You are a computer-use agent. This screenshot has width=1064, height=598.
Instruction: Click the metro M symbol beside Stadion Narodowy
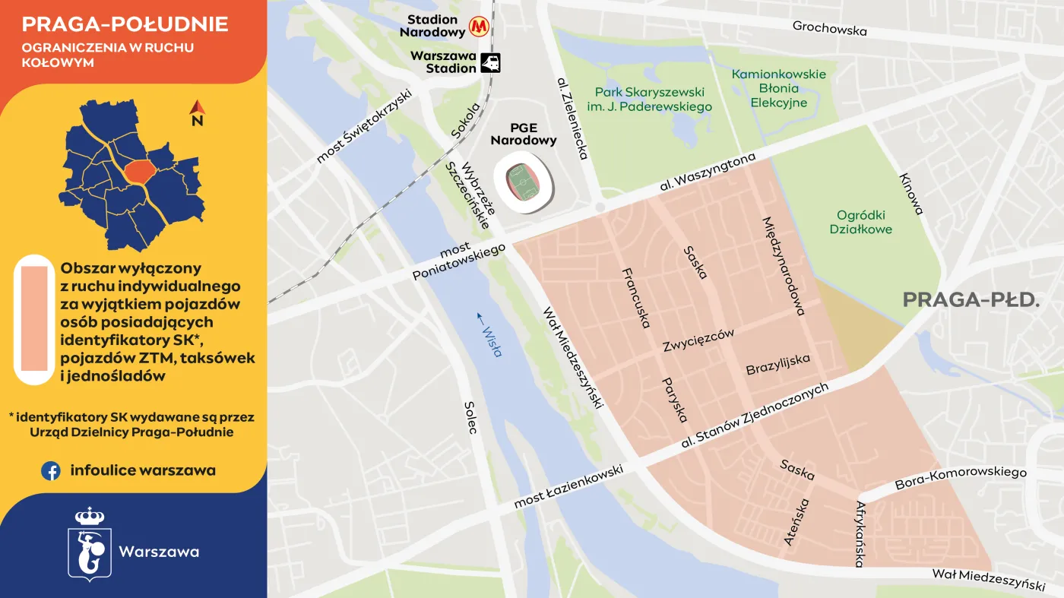click(x=478, y=27)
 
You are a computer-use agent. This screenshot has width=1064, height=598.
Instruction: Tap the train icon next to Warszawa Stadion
click(x=491, y=62)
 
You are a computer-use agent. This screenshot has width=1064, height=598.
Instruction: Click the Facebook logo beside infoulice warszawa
click(x=51, y=471)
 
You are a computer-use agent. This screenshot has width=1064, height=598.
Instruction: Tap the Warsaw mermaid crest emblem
click(x=90, y=544)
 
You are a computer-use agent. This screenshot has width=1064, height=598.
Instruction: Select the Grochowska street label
click(x=829, y=29)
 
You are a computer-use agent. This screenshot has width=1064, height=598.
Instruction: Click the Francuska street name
click(x=635, y=298)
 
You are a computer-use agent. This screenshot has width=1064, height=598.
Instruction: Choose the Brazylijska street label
click(x=777, y=364)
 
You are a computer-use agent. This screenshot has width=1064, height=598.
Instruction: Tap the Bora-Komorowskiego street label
click(x=961, y=478)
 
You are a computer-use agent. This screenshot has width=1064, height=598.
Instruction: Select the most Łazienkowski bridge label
click(x=568, y=487)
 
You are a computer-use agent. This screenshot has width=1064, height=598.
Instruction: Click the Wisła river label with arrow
click(x=490, y=334)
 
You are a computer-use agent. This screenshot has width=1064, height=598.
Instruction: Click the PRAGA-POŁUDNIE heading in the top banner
click(x=125, y=24)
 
